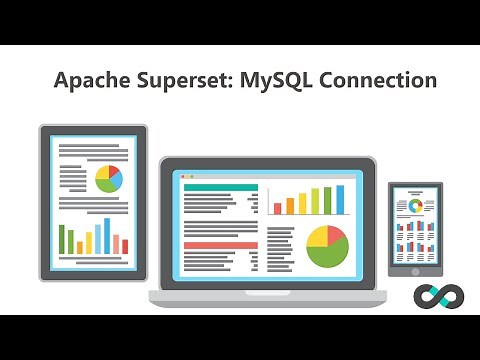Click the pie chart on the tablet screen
pos(108,180)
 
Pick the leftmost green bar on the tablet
pos(62,240)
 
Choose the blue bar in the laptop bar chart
pos(340,199)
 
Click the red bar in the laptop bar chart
pos(278,208)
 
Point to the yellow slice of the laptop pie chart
pos(317,237)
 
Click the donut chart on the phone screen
pos(415,206)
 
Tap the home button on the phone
pos(415,269)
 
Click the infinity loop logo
pos(436,297)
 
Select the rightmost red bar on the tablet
pos(124,245)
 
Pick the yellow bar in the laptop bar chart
pos(315,201)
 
